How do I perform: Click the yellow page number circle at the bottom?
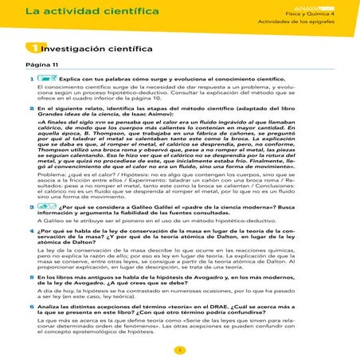pos(180,351)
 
